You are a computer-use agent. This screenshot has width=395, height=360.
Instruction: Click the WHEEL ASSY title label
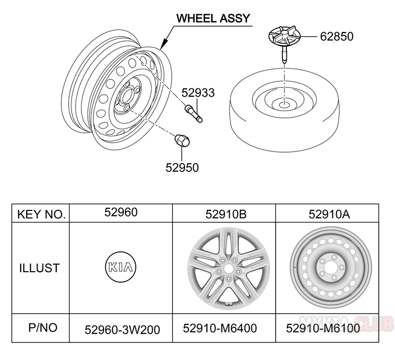click(x=213, y=19)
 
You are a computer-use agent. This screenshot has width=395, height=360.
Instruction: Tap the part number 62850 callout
click(x=337, y=36)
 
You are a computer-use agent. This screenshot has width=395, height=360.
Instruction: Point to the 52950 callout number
click(x=182, y=167)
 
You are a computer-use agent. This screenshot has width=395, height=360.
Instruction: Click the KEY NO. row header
click(x=41, y=214)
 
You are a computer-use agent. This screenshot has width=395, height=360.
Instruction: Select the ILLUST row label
click(x=39, y=268)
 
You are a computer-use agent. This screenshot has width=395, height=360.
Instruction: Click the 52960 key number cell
click(x=120, y=213)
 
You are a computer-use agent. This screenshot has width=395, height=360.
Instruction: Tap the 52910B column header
click(x=226, y=214)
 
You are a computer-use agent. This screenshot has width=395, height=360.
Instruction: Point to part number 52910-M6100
click(x=323, y=328)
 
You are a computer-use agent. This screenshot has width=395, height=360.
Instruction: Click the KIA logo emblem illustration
click(x=120, y=268)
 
